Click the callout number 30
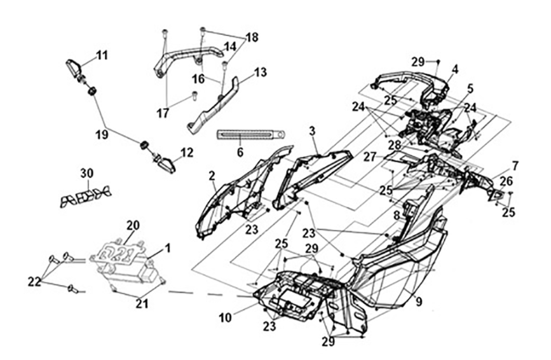pyautogui.click(x=86, y=173)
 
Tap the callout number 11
pyautogui.click(x=103, y=55)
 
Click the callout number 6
pyautogui.click(x=240, y=153)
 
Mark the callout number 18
pyautogui.click(x=252, y=38)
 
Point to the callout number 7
pyautogui.click(x=515, y=165)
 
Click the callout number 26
pyautogui.click(x=507, y=181)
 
